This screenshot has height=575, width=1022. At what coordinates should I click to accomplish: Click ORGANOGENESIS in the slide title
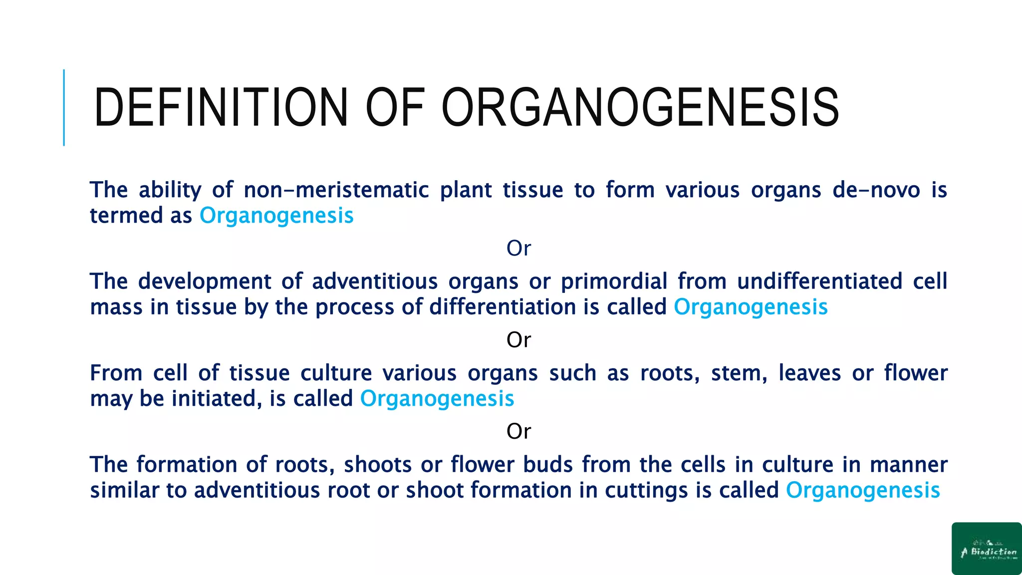[x=640, y=107]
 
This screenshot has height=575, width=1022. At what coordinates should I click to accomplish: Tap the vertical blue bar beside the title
[x=64, y=107]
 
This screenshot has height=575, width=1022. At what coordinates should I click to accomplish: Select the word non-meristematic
[x=336, y=190]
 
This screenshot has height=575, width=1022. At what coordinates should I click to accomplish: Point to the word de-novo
[x=876, y=190]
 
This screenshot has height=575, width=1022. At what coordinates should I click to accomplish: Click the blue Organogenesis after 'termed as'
[x=276, y=216]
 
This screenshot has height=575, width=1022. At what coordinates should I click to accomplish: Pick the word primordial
[x=614, y=282]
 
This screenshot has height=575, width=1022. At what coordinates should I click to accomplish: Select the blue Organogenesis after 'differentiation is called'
[x=751, y=307]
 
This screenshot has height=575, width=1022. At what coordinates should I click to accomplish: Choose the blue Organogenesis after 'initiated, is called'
[x=437, y=399]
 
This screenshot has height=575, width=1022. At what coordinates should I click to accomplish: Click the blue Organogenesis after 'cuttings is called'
[x=863, y=490]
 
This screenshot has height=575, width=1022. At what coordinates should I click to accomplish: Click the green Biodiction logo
[x=987, y=548]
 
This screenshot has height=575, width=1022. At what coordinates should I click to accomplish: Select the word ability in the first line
[x=170, y=190]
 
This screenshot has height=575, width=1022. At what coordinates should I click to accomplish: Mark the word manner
[x=908, y=465]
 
